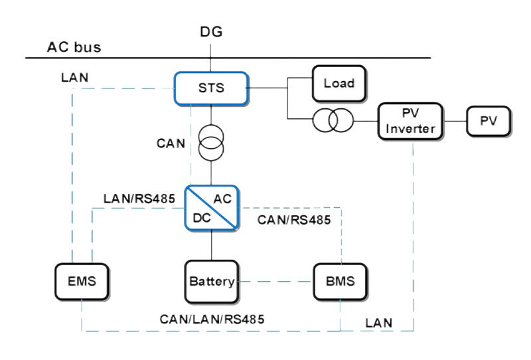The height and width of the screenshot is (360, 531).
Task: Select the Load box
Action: pos(339,84)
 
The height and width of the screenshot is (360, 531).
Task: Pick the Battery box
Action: pos(211,281)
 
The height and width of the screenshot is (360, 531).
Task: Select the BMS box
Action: pos(339,280)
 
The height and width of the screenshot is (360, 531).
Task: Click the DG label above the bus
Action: pos(212,32)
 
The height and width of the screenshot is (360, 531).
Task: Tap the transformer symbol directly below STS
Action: pos(212,138)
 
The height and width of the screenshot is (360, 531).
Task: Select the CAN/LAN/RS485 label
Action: pos(212,319)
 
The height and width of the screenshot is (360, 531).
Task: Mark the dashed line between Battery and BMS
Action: pos(275,281)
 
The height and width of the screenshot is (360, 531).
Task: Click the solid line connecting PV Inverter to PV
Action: pos(456,121)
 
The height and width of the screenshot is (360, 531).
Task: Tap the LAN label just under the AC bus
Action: pos(74,76)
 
